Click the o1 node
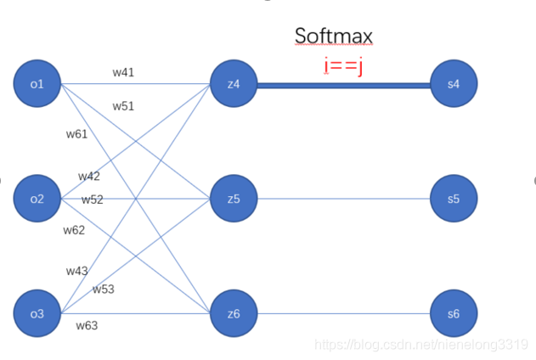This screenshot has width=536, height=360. pos(37,83)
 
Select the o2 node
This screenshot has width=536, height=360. pos(37,199)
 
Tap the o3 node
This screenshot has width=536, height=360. pos(37,313)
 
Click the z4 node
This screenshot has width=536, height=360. pos(234,84)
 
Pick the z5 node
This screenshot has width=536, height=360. pos(234,199)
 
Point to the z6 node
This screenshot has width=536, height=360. pos(234,313)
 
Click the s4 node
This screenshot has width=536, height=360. pos(453,84)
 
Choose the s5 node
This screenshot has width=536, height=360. pos(453,199)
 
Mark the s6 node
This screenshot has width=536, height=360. pos(453,313)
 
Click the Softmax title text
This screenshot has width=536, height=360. pos(334,36)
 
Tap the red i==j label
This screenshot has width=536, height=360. pos(343,65)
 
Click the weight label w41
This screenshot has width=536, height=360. pos(123,72)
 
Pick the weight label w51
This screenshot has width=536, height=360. pos(123,106)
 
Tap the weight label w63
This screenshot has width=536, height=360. pos(87,325)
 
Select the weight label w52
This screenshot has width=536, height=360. pos(92,200)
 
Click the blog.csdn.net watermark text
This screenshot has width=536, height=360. pos(421,344)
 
